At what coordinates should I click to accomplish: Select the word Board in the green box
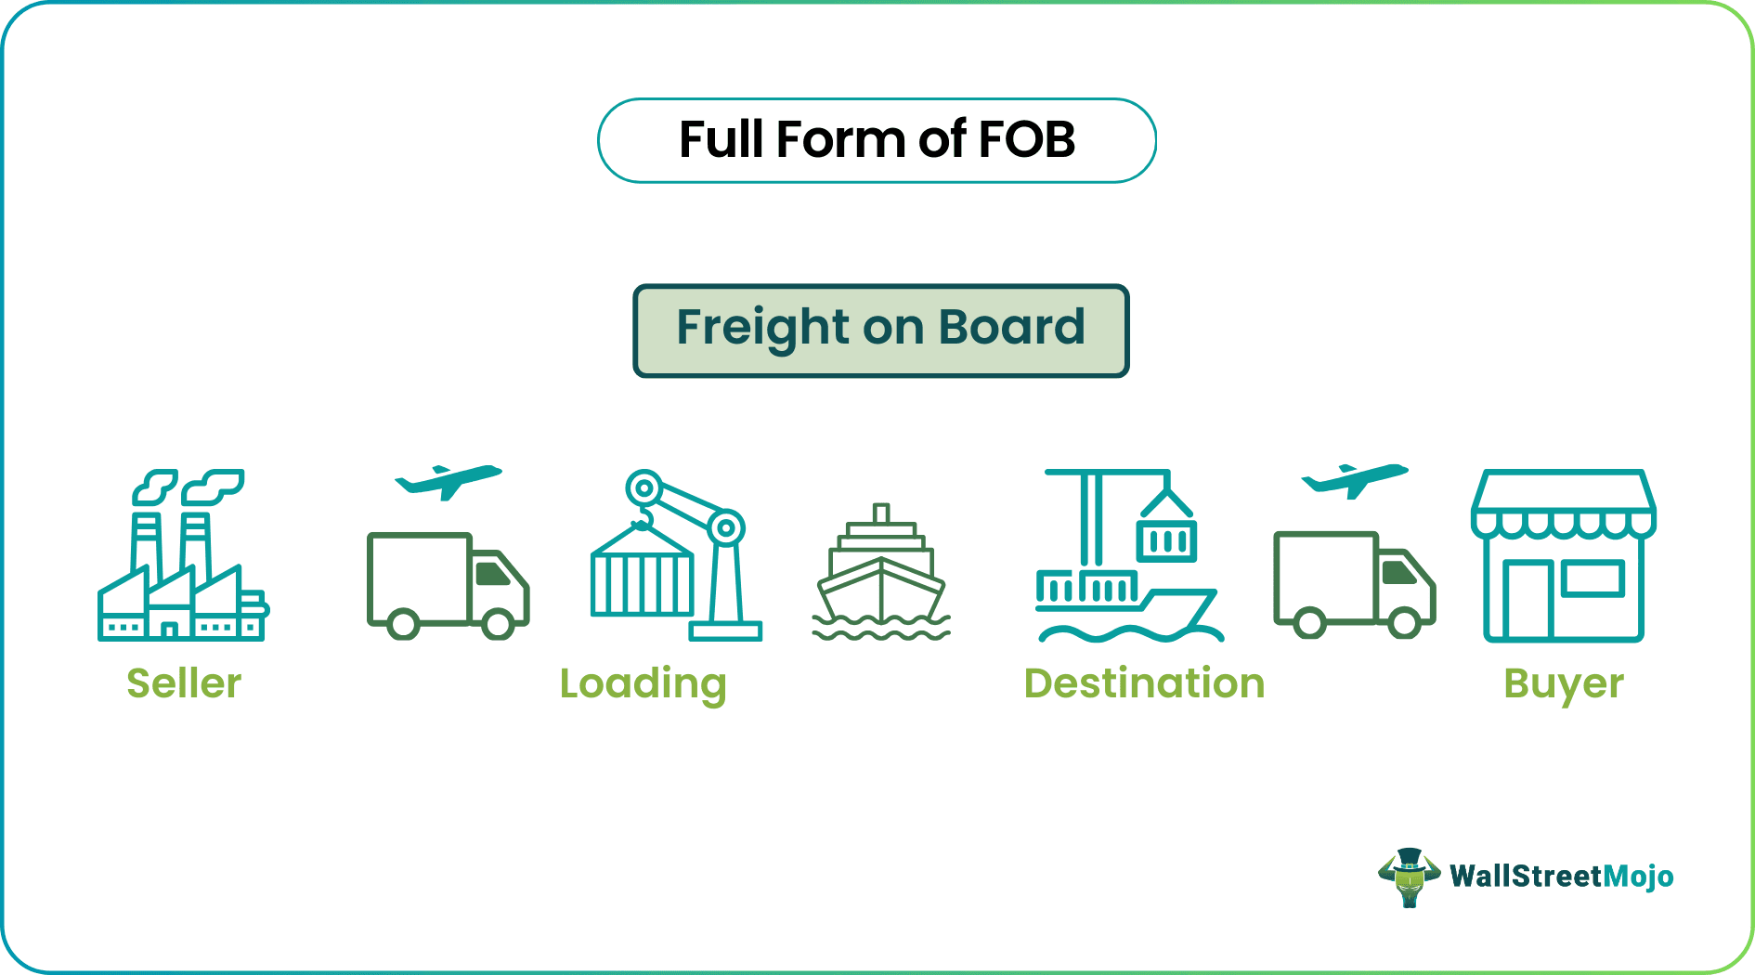click(x=1011, y=327)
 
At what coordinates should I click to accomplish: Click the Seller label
click(x=184, y=683)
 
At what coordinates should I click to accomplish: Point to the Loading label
click(x=643, y=684)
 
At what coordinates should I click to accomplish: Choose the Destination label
click(x=1144, y=683)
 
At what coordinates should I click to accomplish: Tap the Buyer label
click(x=1564, y=684)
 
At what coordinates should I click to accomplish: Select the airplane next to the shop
click(x=1355, y=480)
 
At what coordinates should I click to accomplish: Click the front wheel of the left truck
click(x=498, y=624)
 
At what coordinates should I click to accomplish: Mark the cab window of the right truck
click(x=1398, y=571)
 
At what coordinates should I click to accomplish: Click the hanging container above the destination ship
click(x=1166, y=539)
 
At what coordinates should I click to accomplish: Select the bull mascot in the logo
click(x=1409, y=877)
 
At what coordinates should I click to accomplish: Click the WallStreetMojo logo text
click(x=1561, y=877)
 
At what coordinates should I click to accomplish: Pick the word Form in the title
click(x=841, y=139)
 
